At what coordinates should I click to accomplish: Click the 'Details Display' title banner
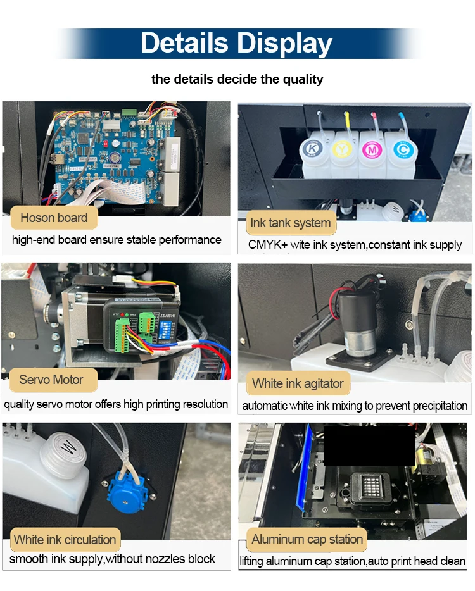pyautogui.click(x=237, y=44)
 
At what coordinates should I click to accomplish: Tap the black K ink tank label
pyautogui.click(x=312, y=149)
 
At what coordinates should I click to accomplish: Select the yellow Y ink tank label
pyautogui.click(x=342, y=149)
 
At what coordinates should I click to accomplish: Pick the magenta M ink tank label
pyautogui.click(x=372, y=150)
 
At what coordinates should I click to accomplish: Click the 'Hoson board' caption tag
pyautogui.click(x=54, y=218)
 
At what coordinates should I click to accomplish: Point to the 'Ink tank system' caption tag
pyautogui.click(x=291, y=223)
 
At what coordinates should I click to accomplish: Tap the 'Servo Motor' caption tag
pyautogui.click(x=51, y=380)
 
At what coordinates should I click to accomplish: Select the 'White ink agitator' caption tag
pyautogui.click(x=298, y=383)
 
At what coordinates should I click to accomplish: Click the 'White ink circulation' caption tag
pyautogui.click(x=65, y=540)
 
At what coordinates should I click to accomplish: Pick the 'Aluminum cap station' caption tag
pyautogui.click(x=307, y=539)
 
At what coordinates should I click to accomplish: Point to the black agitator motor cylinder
pyautogui.click(x=357, y=324)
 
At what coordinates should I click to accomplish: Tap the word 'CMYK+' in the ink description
pyautogui.click(x=268, y=245)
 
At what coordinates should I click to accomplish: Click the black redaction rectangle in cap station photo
pyautogui.click(x=369, y=446)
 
